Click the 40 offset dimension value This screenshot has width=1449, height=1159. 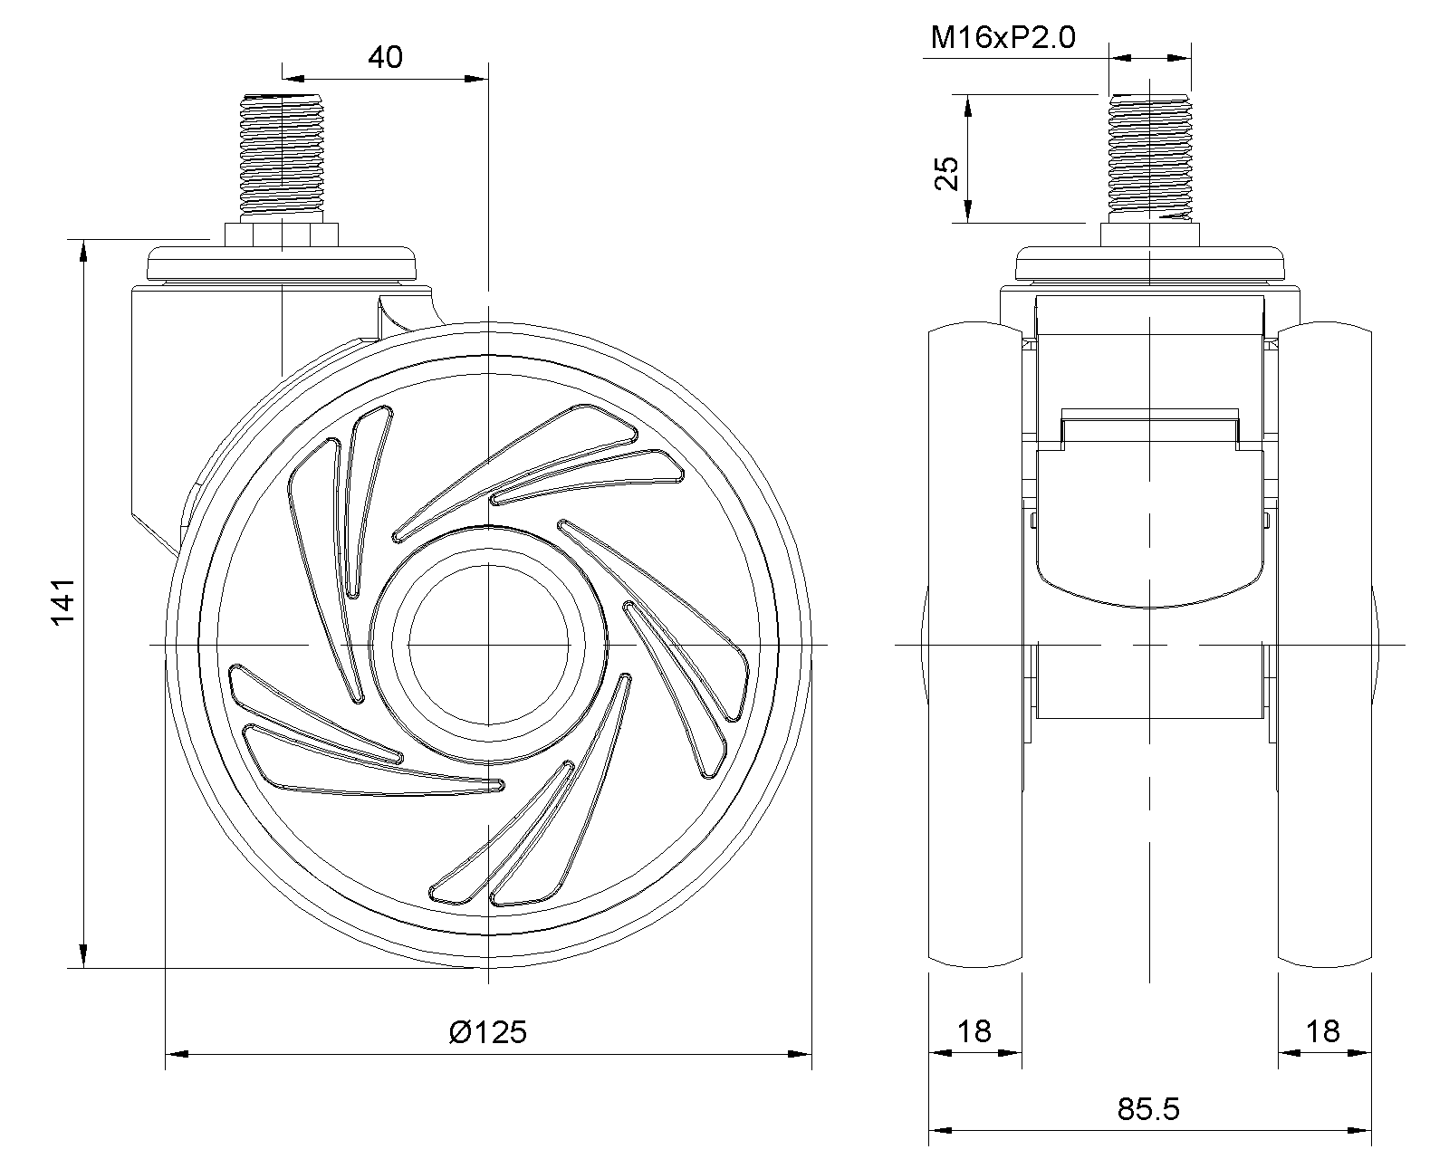pos(385,58)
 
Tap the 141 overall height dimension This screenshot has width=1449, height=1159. pos(63,601)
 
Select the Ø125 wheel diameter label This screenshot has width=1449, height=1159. pos(487,1031)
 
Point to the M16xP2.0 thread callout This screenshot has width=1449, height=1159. pos(1003,38)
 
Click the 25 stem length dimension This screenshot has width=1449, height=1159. pos(946,173)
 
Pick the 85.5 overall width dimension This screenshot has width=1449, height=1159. pos(1148,1108)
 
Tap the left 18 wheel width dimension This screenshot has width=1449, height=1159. pos(974,1031)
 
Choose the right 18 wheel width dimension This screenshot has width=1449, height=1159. pos(1323,1031)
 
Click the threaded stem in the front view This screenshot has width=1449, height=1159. pos(1149,158)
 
